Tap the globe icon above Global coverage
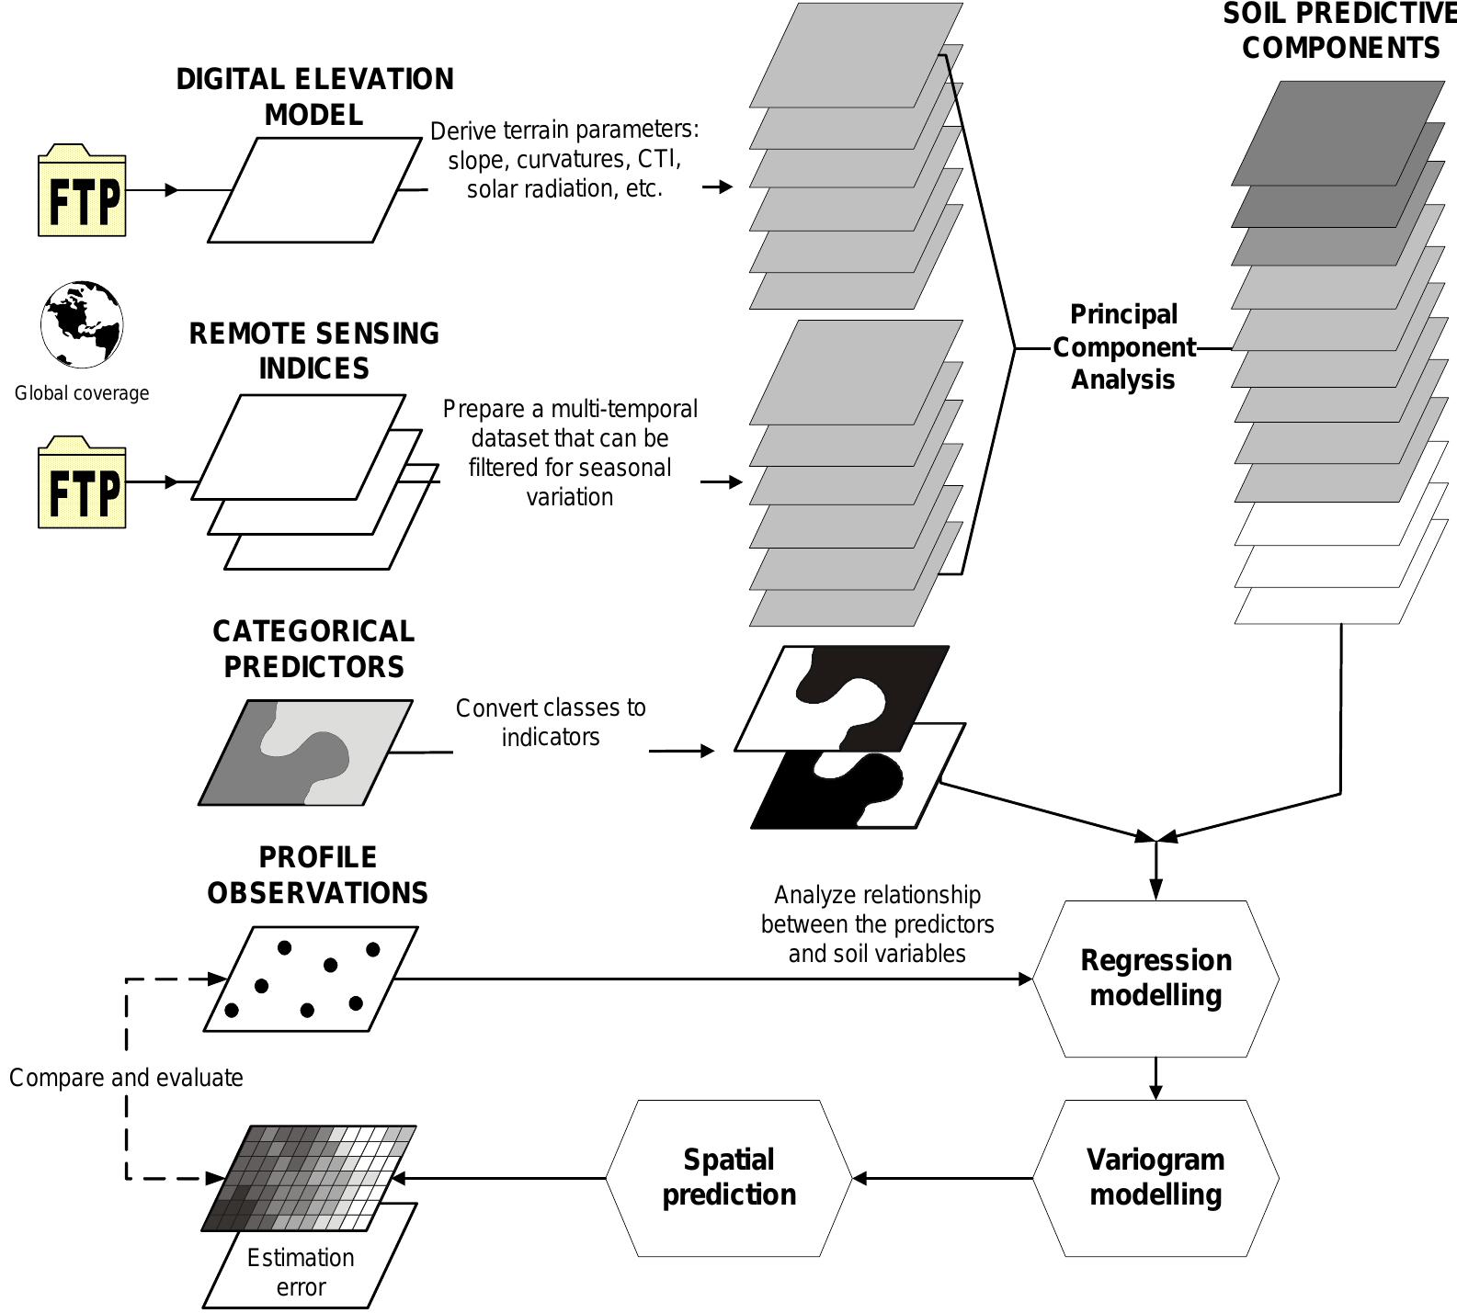[82, 324]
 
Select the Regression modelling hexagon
[1155, 978]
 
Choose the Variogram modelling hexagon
[1155, 1177]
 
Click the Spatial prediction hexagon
[729, 1177]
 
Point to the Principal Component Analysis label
[1123, 347]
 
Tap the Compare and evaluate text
[126, 1077]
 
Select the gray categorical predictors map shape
[305, 753]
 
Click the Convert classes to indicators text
[551, 722]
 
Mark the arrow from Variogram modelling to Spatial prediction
[942, 1178]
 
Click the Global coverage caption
[82, 393]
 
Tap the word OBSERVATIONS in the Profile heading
[317, 893]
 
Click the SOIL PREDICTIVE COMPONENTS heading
[1339, 30]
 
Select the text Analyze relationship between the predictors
[877, 910]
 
